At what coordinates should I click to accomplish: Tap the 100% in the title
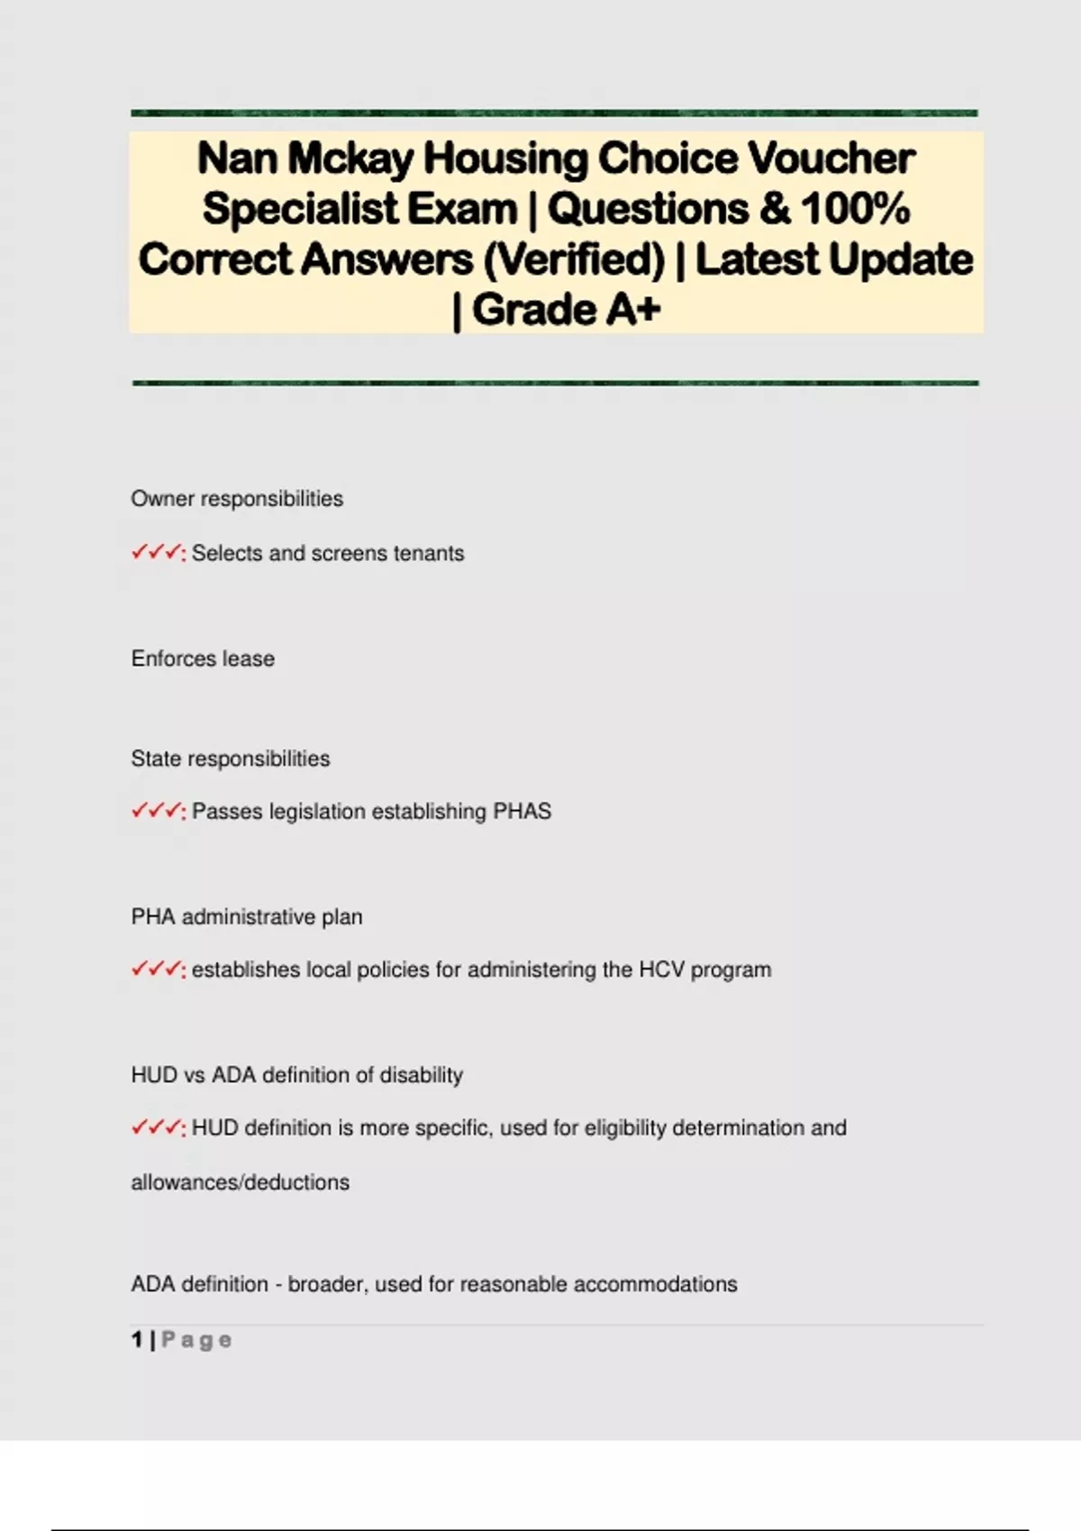click(855, 209)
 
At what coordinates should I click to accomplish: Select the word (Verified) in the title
click(574, 259)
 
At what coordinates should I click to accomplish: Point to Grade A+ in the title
click(566, 310)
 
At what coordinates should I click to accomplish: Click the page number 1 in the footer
click(137, 1340)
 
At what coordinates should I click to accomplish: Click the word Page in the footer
click(196, 1340)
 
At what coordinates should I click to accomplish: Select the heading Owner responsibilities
click(237, 499)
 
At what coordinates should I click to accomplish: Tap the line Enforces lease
click(203, 658)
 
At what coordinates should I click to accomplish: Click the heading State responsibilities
click(231, 758)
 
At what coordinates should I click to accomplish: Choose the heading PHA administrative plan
click(247, 917)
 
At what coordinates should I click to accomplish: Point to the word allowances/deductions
click(241, 1182)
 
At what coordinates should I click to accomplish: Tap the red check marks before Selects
click(156, 553)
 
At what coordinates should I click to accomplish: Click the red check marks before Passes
click(156, 811)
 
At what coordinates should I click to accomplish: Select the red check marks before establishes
click(156, 970)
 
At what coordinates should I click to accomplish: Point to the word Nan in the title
click(237, 159)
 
